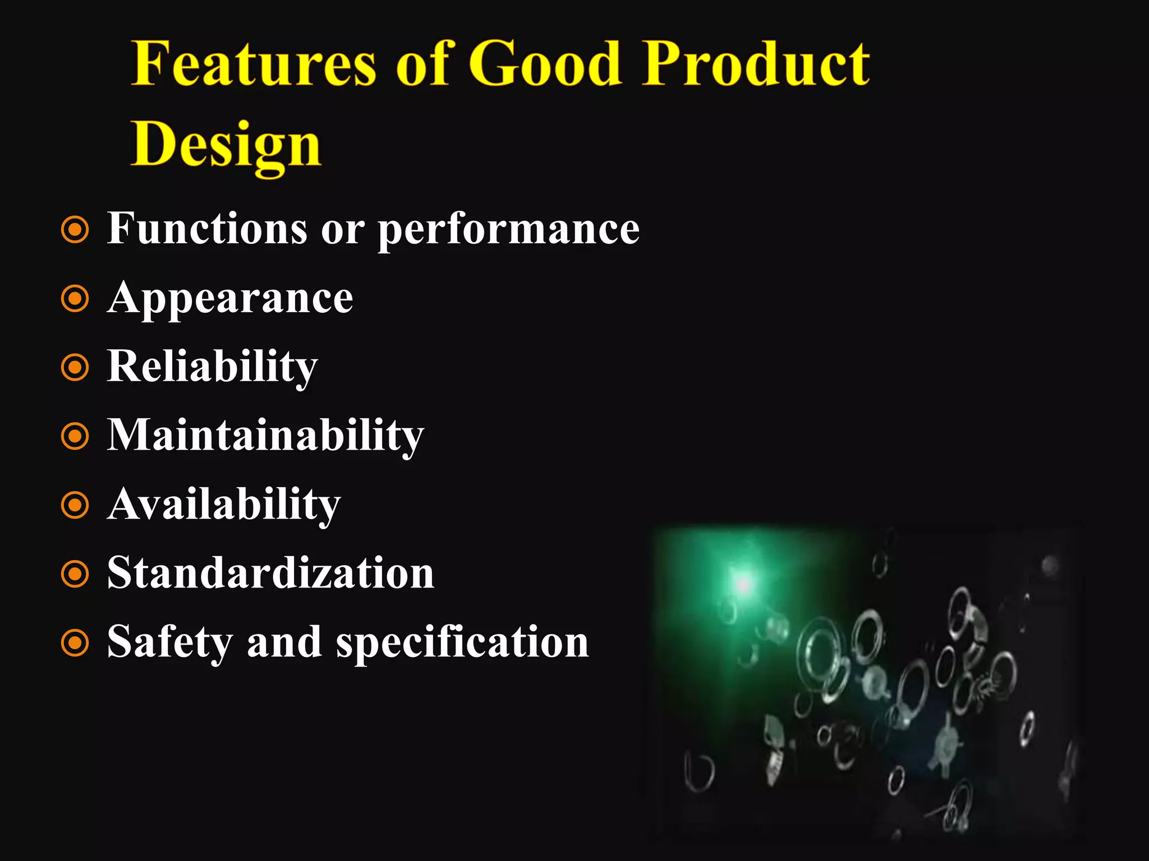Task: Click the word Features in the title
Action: coord(254,64)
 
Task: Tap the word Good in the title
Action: coord(545,64)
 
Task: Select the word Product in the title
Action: coord(756,64)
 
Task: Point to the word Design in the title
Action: coord(226,145)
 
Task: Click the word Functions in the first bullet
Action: coord(207,229)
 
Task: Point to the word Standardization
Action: coord(270,573)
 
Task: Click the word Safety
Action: coord(169,642)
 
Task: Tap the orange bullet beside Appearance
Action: coord(75,299)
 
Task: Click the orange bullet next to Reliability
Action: coord(75,368)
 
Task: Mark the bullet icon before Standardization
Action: coord(75,574)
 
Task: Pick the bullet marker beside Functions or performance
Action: coord(75,230)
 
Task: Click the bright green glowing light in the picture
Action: coord(743,584)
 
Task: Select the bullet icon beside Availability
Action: coord(75,505)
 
